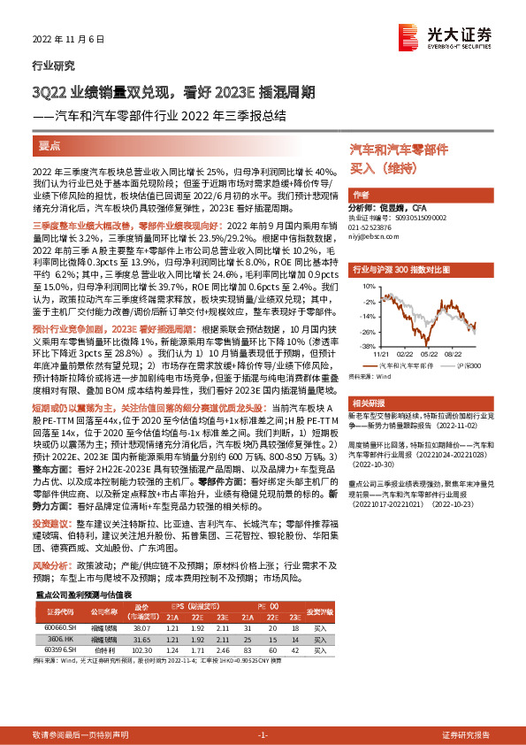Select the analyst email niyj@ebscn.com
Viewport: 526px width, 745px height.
coord(371,235)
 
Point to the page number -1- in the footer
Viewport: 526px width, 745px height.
coord(263,735)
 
